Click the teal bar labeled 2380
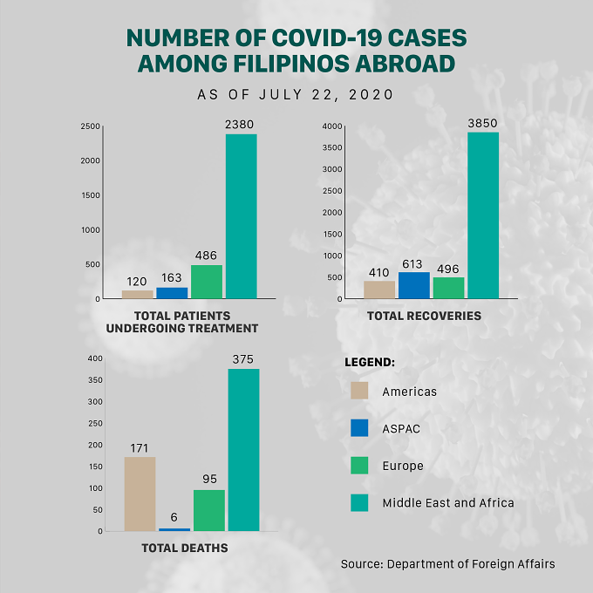[x=242, y=216]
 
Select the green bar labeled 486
[x=207, y=282]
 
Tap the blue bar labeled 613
[x=414, y=285]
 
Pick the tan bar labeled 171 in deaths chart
[x=140, y=494]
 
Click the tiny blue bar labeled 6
[x=174, y=529]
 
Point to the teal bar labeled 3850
[x=483, y=215]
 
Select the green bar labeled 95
[x=209, y=510]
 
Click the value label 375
[x=242, y=359]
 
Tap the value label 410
[x=379, y=273]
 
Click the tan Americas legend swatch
[x=359, y=391]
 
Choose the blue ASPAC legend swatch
[x=359, y=427]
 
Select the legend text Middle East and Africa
[x=448, y=502]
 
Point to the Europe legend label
[x=403, y=466]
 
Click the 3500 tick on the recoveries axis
[x=332, y=147]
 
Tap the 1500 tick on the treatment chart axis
[x=91, y=195]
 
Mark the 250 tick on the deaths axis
[x=95, y=423]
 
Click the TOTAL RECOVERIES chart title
[x=424, y=316]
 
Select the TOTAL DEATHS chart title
[x=185, y=548]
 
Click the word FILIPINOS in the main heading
[x=290, y=64]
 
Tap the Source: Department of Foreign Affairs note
[x=447, y=564]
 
